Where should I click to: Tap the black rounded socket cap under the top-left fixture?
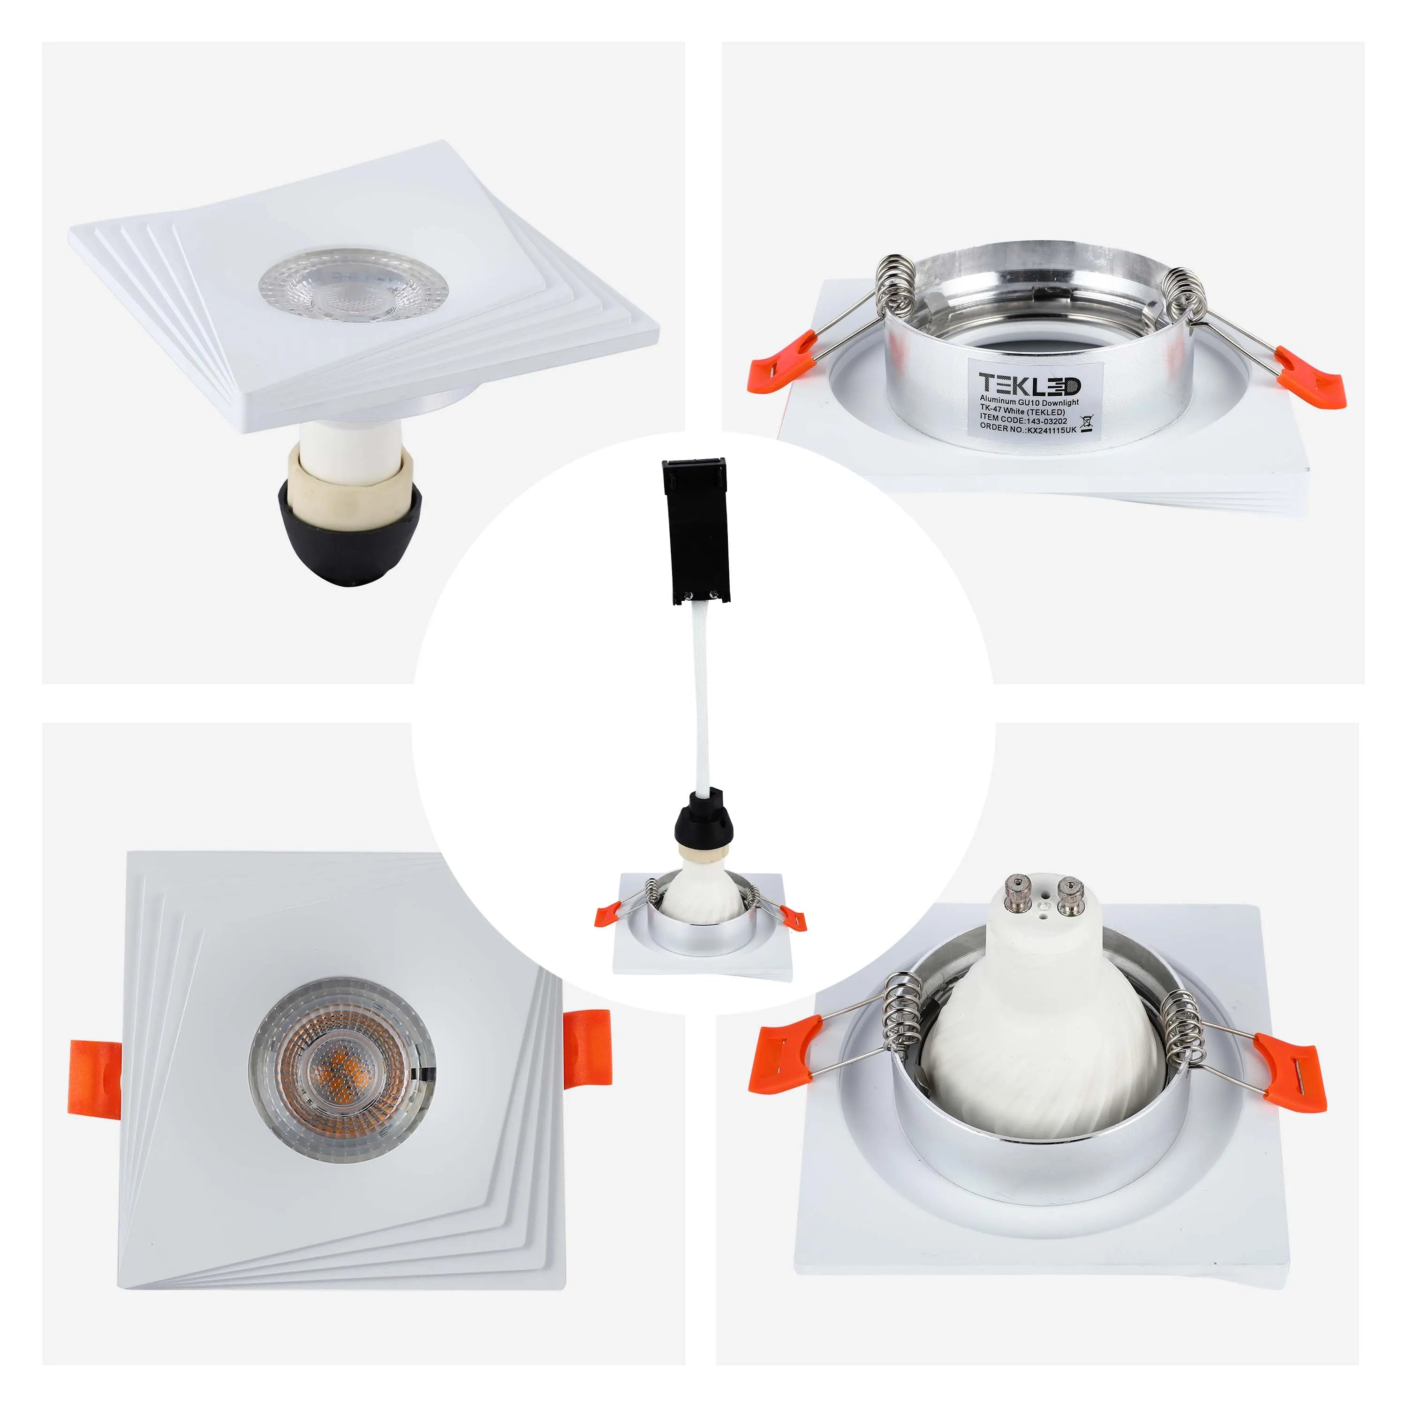coord(349,540)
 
